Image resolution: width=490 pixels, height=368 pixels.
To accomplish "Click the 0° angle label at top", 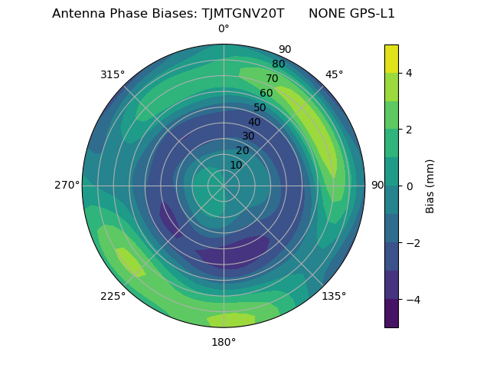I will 224,29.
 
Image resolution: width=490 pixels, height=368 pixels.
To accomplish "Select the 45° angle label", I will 334,74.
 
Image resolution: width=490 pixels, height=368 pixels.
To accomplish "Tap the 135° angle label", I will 334,296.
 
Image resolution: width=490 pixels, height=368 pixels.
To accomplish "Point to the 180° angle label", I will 224,342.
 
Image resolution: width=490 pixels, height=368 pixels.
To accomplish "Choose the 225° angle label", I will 113,297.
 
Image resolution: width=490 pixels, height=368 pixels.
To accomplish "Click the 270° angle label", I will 67,186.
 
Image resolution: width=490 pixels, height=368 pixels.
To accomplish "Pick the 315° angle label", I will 113,74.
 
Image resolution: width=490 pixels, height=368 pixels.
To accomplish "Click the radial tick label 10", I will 236,165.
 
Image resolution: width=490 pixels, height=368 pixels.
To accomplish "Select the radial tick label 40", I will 254,122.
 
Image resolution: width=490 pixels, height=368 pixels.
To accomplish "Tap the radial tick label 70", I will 272,78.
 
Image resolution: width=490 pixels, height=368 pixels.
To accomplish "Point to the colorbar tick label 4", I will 410,73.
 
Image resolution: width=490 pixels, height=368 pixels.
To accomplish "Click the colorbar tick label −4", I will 412,300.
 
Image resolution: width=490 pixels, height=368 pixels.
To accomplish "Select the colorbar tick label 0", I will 410,186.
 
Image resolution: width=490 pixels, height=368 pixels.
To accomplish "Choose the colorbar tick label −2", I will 412,243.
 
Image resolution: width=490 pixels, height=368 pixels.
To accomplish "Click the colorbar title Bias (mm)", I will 430,186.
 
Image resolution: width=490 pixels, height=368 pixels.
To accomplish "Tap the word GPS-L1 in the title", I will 370,14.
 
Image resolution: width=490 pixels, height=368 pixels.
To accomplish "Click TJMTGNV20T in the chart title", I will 243,14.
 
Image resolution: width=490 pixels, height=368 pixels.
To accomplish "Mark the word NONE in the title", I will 325,14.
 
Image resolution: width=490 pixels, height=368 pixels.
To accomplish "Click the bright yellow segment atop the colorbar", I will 391,58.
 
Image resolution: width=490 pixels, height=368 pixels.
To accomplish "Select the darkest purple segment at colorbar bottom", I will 391,314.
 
